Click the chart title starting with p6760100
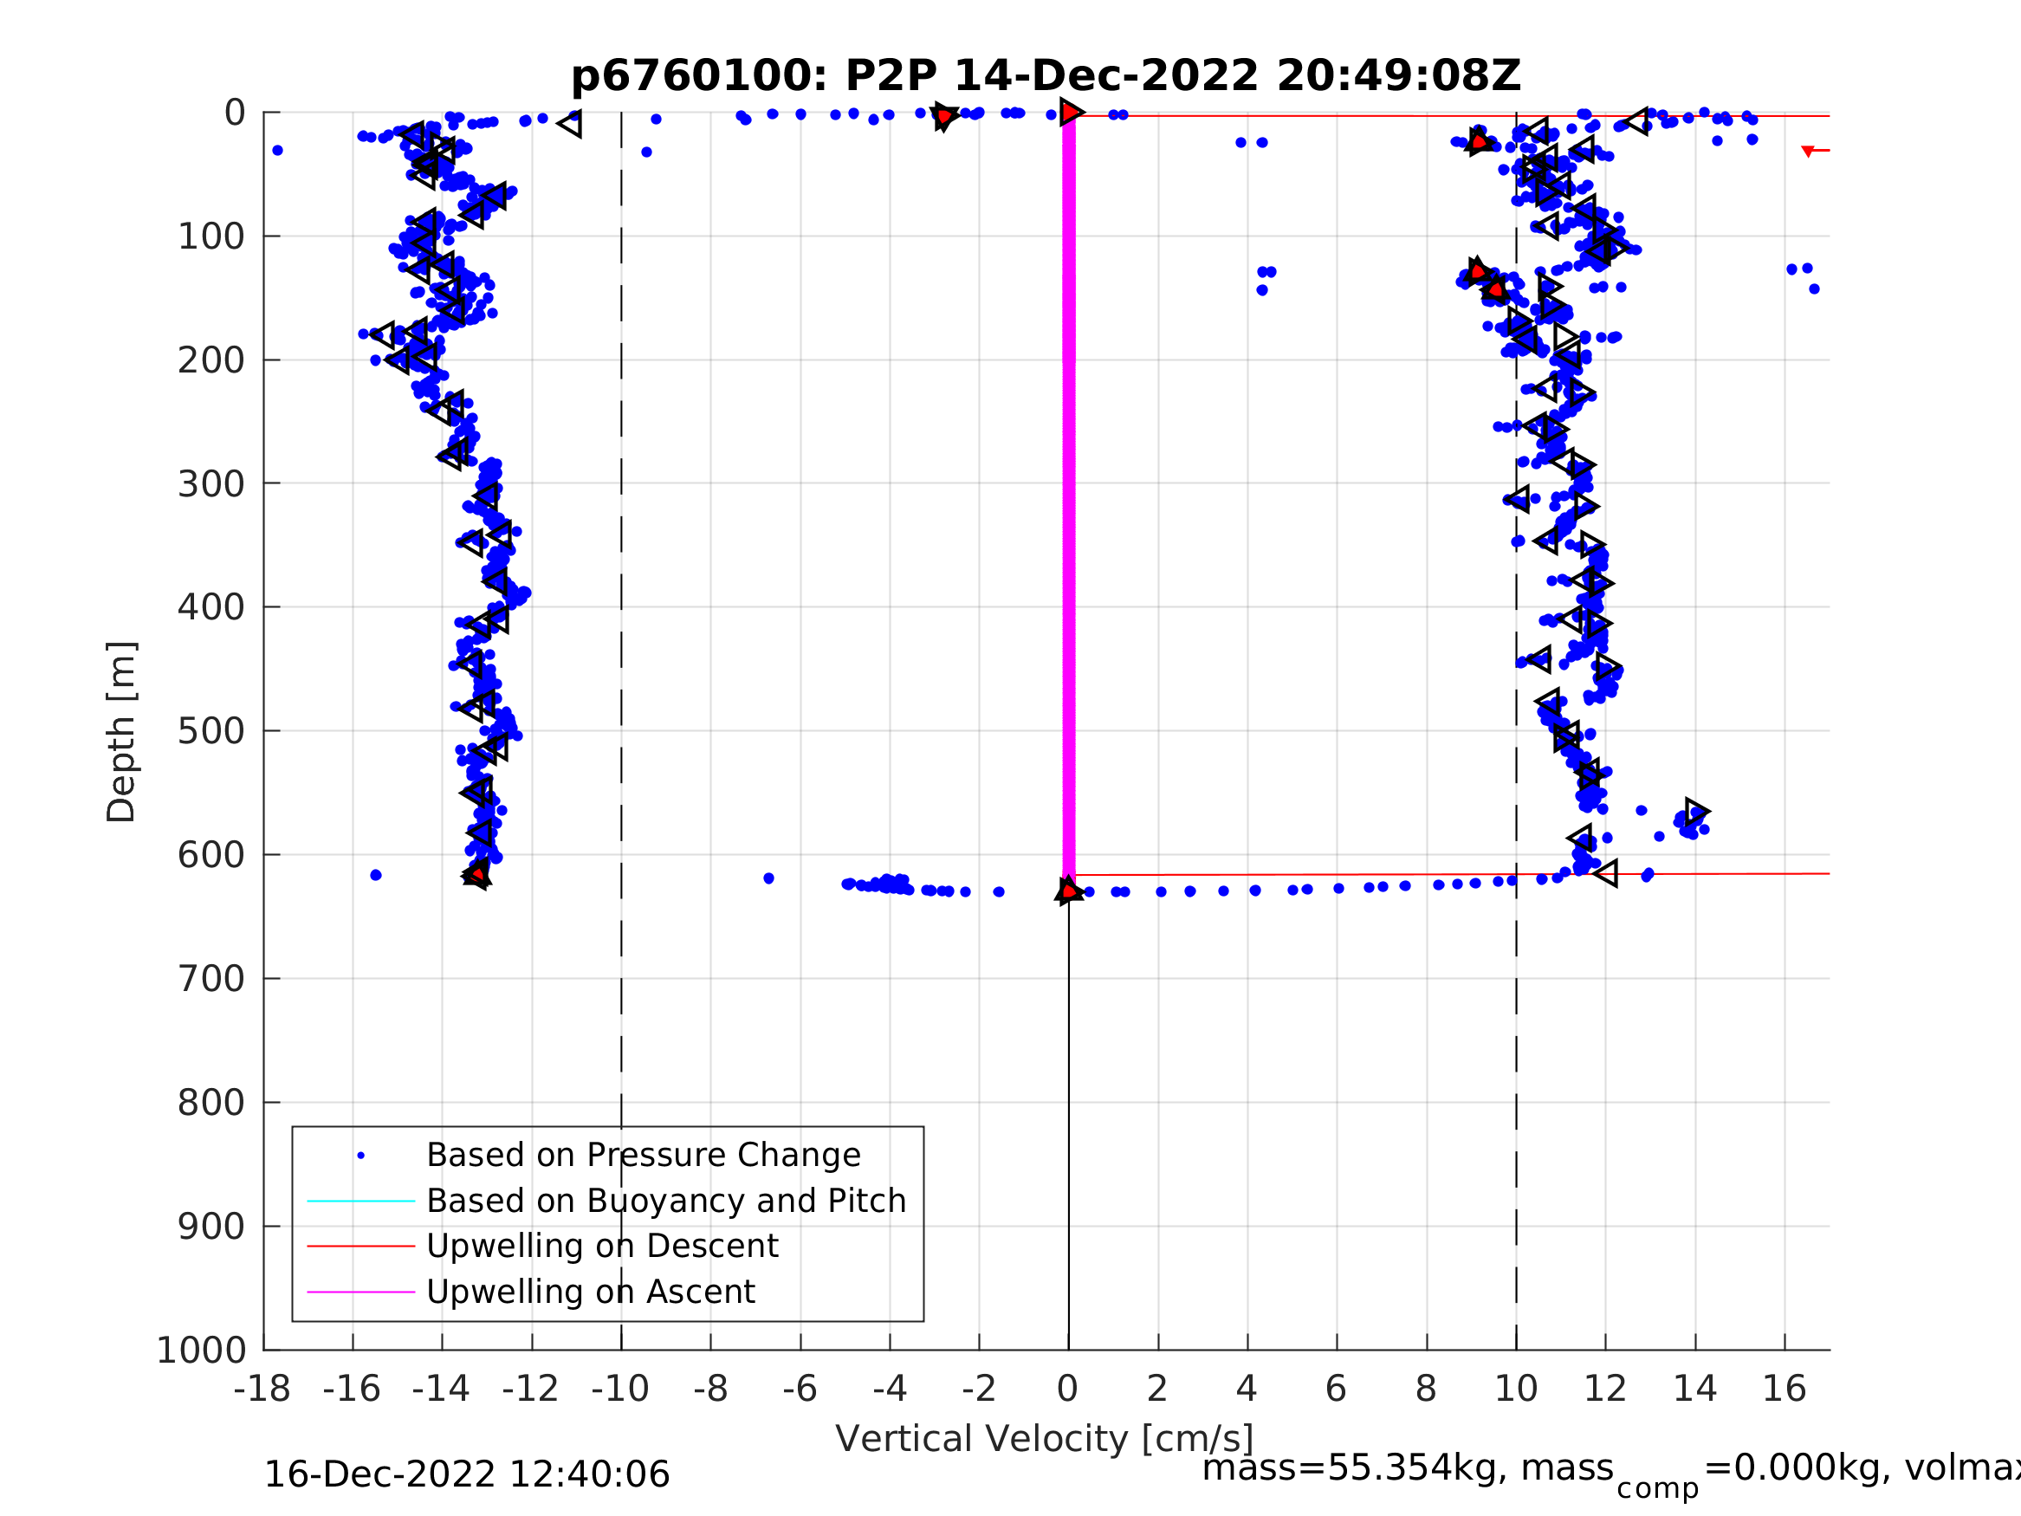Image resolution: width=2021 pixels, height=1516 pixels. click(x=1046, y=76)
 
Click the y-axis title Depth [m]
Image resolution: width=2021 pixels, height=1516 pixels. click(x=121, y=732)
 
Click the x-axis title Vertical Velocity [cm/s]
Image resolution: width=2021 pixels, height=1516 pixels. click(x=1045, y=1439)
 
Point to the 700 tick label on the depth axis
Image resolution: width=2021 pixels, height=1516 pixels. click(x=211, y=979)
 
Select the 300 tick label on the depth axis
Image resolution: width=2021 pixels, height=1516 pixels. click(x=211, y=483)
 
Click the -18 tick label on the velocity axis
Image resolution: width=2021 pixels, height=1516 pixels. click(x=262, y=1389)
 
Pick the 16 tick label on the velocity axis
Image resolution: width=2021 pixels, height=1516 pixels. click(x=1784, y=1389)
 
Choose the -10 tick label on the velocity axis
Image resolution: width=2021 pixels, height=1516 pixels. click(x=620, y=1389)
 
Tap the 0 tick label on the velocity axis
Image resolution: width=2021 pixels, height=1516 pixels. click(x=1067, y=1389)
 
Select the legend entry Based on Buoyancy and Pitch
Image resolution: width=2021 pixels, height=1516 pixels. click(x=666, y=1201)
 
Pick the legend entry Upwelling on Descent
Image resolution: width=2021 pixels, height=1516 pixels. click(x=602, y=1246)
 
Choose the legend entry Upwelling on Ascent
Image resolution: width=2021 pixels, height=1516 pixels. click(x=590, y=1292)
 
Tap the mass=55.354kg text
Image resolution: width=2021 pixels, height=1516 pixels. click(x=1407, y=1468)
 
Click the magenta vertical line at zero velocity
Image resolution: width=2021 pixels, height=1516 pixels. click(x=1069, y=494)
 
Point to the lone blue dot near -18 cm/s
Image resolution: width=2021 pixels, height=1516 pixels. click(x=278, y=150)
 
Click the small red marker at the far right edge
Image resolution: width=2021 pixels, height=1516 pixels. click(x=1807, y=151)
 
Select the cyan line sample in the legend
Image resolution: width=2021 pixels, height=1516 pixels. click(x=361, y=1201)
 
